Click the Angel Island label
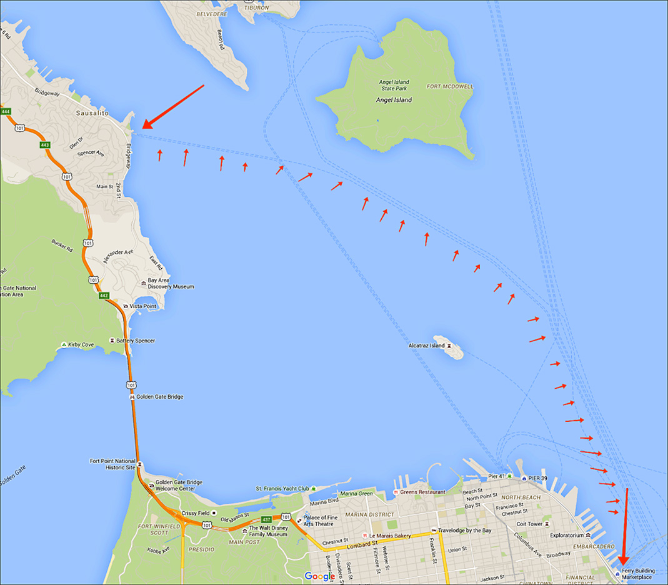pos(394,99)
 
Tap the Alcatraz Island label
pos(426,345)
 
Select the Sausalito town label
pos(92,113)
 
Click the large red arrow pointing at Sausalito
pos(172,107)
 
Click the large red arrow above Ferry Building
pos(625,525)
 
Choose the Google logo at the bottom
pos(321,576)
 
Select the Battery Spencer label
pos(136,341)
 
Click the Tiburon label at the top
pos(257,7)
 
